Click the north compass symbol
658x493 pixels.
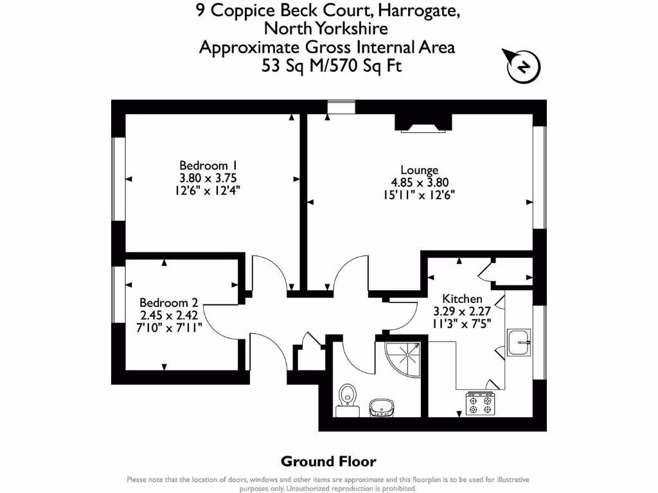[x=524, y=67]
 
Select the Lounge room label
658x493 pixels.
[x=419, y=170]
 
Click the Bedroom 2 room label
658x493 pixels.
[x=168, y=303]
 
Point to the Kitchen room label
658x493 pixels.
[x=462, y=299]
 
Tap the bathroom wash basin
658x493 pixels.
[x=382, y=407]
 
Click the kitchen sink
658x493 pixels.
[x=518, y=342]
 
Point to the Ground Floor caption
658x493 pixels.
[x=328, y=461]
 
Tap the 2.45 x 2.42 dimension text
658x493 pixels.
[x=168, y=315]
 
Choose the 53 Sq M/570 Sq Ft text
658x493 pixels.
[x=331, y=65]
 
